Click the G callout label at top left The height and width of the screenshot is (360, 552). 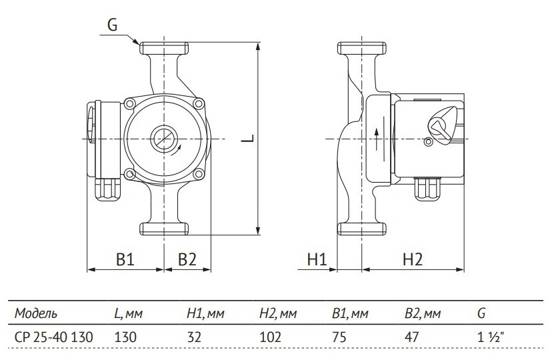(112, 25)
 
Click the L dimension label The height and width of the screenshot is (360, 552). (248, 138)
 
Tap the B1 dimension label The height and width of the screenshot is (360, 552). (125, 260)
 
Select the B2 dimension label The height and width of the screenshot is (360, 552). (187, 260)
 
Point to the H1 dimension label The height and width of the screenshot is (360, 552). (317, 260)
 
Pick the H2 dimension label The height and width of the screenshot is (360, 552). (412, 260)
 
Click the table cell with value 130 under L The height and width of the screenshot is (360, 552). (125, 337)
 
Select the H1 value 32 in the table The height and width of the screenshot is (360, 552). (194, 337)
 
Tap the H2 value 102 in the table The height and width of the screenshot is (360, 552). (271, 337)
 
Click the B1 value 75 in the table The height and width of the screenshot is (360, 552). (339, 337)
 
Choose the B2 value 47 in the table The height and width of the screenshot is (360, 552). (411, 337)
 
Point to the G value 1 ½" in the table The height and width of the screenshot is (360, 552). (491, 337)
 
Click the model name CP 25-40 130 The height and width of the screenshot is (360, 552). (54, 337)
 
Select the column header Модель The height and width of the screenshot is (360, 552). (35, 313)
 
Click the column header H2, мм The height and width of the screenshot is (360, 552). (278, 313)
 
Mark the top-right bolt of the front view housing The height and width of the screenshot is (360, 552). (199, 103)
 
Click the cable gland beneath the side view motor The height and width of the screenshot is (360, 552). (429, 189)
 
